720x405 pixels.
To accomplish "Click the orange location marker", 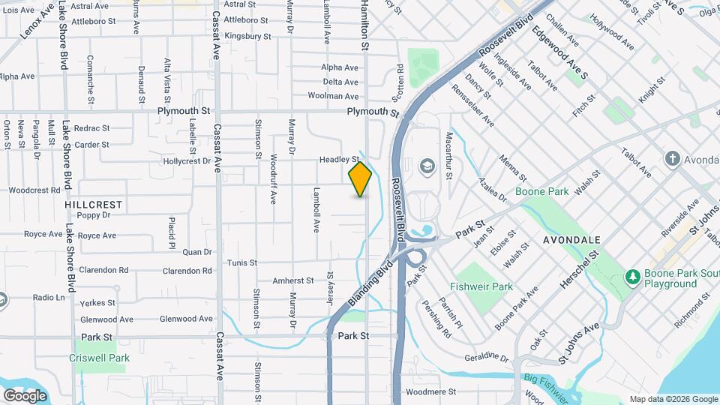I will (360, 179).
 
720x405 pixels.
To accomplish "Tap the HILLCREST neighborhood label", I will (93, 204).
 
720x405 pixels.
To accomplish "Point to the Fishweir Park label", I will (481, 286).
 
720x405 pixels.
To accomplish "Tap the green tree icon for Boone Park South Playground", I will (631, 277).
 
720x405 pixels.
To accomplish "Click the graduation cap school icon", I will (427, 165).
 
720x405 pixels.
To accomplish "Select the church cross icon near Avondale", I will (672, 159).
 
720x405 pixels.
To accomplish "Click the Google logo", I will (25, 395).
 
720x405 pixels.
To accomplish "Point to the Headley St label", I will (340, 160).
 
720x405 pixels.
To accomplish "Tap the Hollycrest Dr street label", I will (187, 161).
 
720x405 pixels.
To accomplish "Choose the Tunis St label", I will (242, 263).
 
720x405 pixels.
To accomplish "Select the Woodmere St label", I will (430, 391).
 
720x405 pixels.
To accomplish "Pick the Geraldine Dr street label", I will (486, 357).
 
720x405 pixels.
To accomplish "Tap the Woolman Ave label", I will (333, 96).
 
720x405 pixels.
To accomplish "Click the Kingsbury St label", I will (247, 35).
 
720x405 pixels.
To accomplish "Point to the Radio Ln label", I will (49, 298).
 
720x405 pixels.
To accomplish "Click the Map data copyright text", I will (673, 399).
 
